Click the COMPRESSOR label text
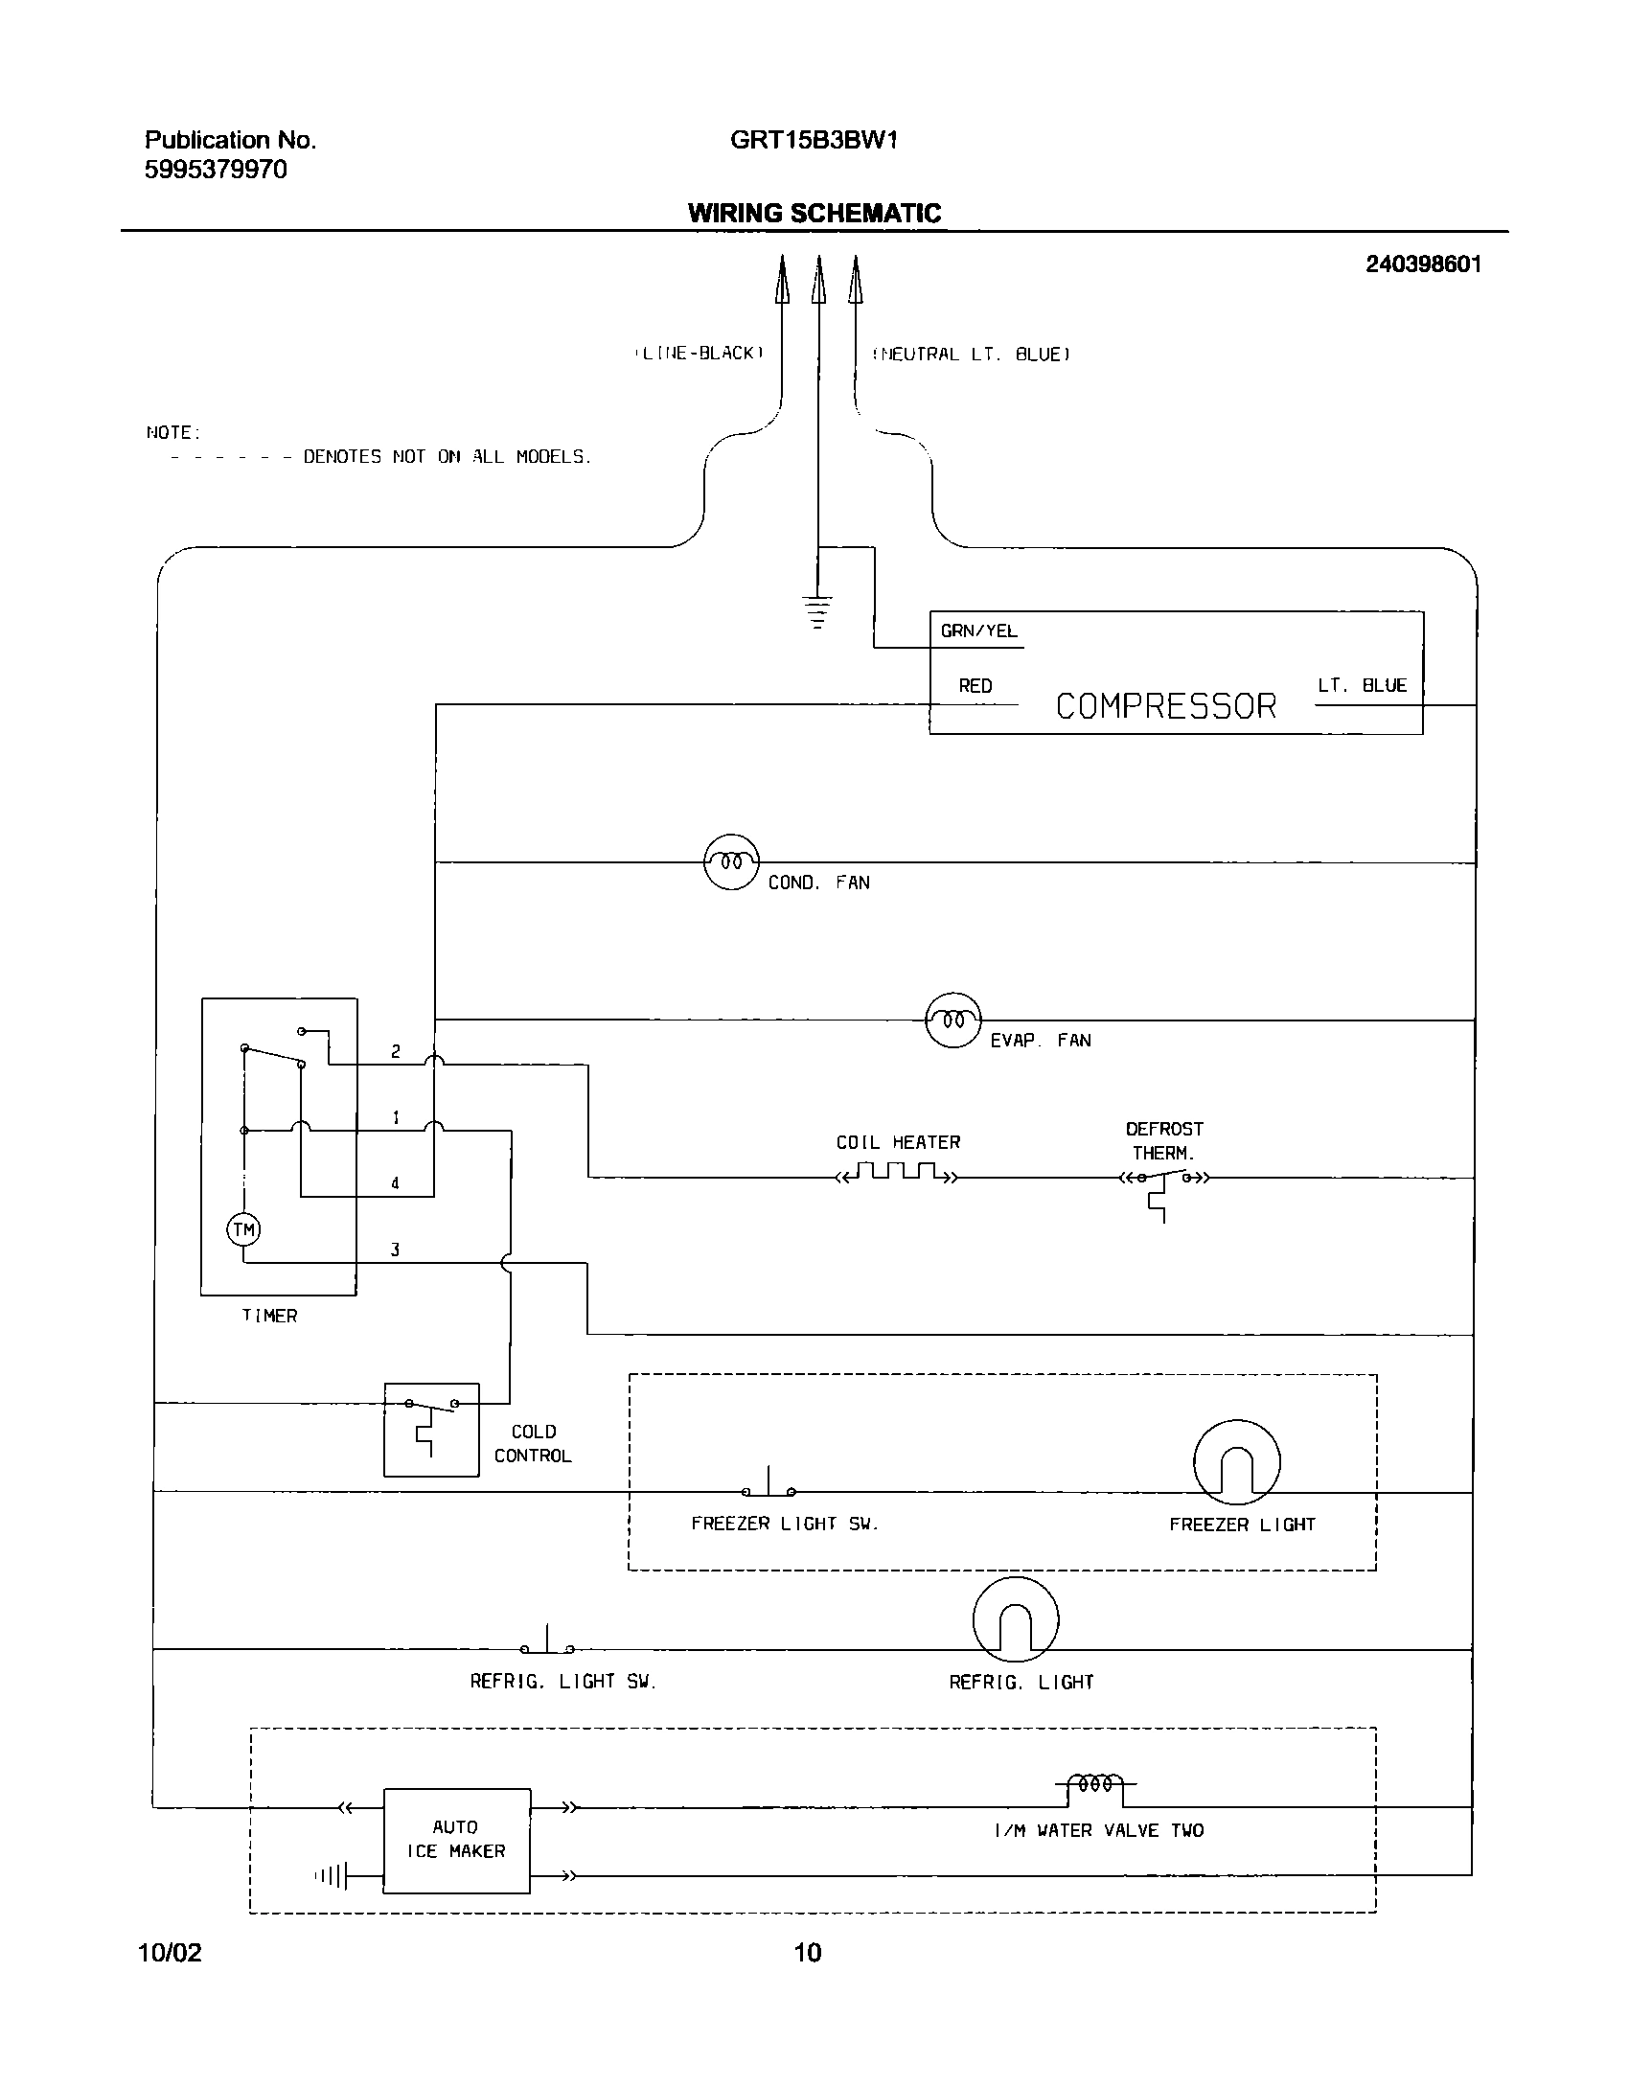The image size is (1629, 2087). coord(1165,706)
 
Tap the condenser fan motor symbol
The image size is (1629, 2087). coord(731,861)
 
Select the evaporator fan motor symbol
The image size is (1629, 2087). coord(952,1020)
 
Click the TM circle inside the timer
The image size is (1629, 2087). coord(243,1229)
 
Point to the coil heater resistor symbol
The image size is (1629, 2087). coord(896,1174)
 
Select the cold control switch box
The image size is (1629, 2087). coord(431,1429)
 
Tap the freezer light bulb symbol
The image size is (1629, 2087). coord(1236,1463)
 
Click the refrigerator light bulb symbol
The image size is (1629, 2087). coord(1016,1620)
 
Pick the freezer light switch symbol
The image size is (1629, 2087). coord(769,1488)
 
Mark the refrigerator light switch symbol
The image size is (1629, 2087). coord(547,1645)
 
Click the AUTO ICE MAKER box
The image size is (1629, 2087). coord(456,1840)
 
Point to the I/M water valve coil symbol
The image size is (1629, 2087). coord(1096,1784)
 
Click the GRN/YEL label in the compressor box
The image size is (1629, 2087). coord(978,631)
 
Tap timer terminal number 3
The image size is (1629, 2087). coord(395,1250)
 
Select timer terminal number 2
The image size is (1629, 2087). coord(396,1051)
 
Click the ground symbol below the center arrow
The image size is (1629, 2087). coord(816,611)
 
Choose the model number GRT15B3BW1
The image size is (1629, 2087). coord(814,141)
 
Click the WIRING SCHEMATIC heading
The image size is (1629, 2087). coord(814,213)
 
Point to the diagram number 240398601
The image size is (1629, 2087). coord(1423,264)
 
